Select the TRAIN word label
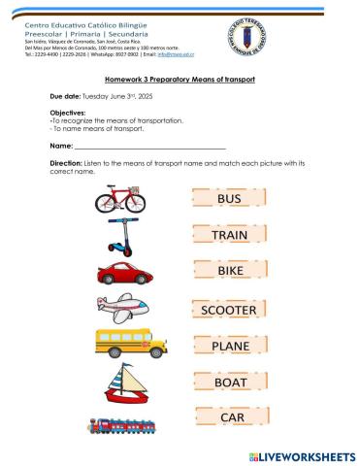[229, 235]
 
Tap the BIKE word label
[229, 272]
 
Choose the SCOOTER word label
[229, 310]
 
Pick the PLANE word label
[230, 345]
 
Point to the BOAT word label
[230, 382]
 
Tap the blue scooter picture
[120, 235]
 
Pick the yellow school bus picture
[124, 345]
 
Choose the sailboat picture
[124, 383]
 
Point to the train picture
[122, 425]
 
